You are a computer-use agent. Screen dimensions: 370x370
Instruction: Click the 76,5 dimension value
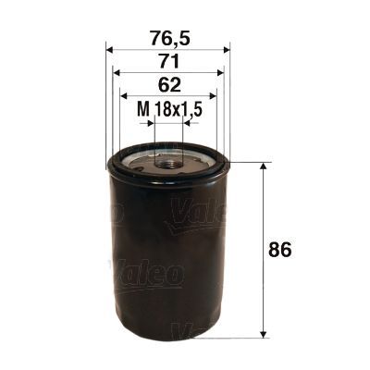click(x=167, y=40)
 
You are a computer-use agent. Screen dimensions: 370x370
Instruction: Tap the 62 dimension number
click(x=167, y=86)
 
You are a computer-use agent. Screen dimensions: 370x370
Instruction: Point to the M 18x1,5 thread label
click(x=168, y=110)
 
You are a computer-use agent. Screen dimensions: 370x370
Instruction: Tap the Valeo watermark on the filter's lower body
click(x=148, y=273)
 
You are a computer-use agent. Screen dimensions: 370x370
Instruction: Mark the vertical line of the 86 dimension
click(x=265, y=277)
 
